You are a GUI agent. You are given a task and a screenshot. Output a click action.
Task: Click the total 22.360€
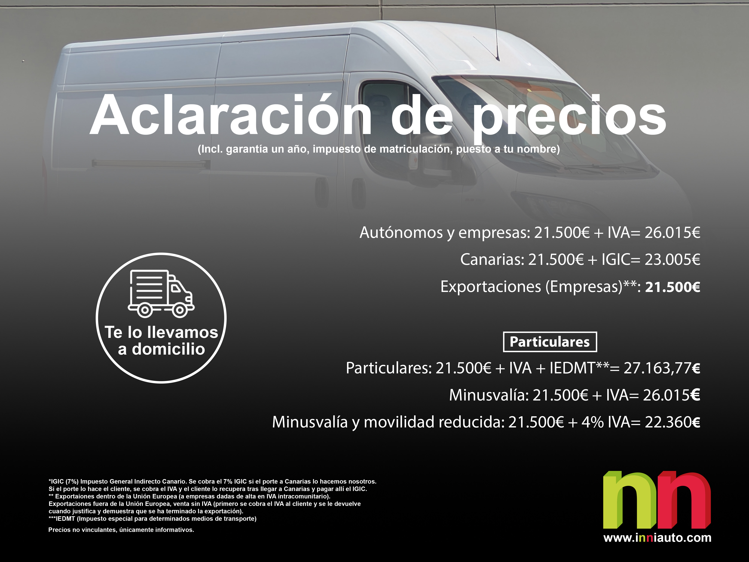[x=672, y=422]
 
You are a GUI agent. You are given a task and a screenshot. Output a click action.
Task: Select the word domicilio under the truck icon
[x=168, y=349]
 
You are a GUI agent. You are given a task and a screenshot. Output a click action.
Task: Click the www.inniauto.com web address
[x=657, y=538]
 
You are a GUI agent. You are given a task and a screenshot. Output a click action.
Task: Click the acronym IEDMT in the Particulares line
[x=572, y=368]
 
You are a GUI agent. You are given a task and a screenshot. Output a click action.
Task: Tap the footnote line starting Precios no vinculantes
[x=121, y=530]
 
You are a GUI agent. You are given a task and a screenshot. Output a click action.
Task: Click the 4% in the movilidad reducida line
[x=593, y=422]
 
